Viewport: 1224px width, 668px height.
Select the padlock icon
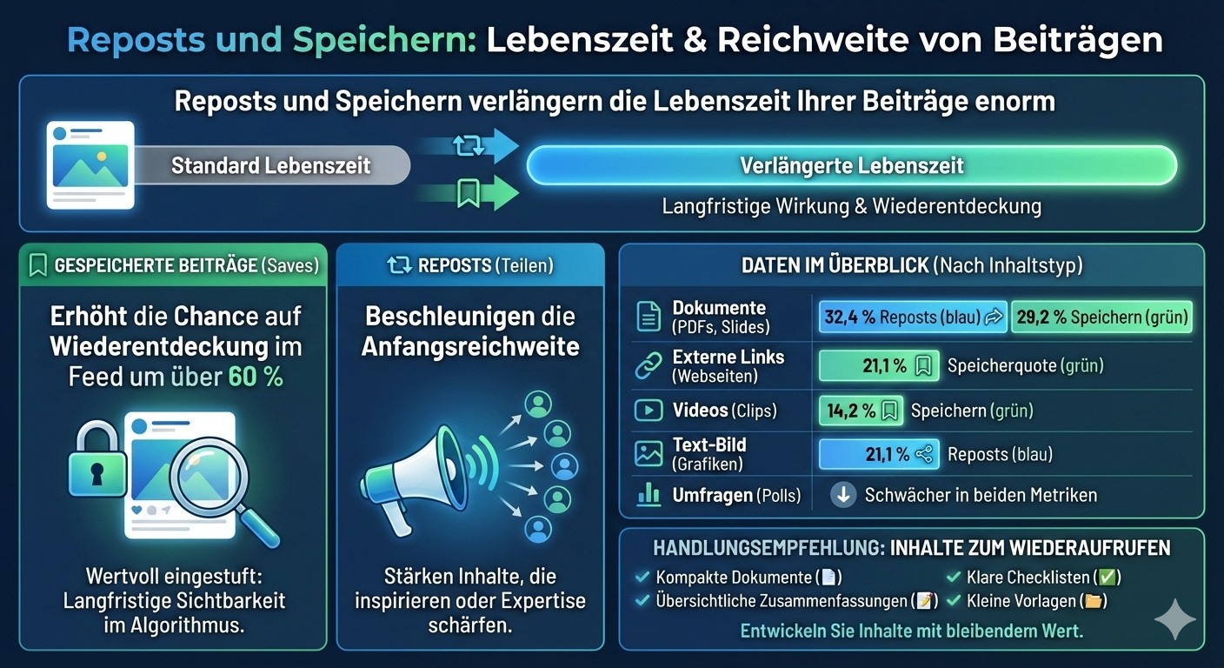click(x=95, y=460)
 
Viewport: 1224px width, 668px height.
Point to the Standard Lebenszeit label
click(x=270, y=165)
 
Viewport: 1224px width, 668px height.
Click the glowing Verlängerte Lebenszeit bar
click(x=851, y=165)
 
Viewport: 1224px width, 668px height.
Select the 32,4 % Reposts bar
click(x=912, y=317)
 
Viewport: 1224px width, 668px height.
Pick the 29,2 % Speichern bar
click(x=1101, y=317)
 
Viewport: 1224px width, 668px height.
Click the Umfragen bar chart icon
click(x=649, y=495)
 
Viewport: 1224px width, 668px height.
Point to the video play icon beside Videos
click(x=649, y=411)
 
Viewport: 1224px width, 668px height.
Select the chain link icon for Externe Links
click(x=649, y=365)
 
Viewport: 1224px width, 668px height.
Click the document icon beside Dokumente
click(x=649, y=317)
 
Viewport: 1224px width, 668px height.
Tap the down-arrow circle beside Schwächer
click(x=842, y=495)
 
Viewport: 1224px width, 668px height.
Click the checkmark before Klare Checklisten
click(x=953, y=577)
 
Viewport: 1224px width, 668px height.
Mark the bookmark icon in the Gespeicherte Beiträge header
click(x=37, y=265)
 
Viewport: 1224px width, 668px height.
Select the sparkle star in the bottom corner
click(x=1174, y=618)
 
